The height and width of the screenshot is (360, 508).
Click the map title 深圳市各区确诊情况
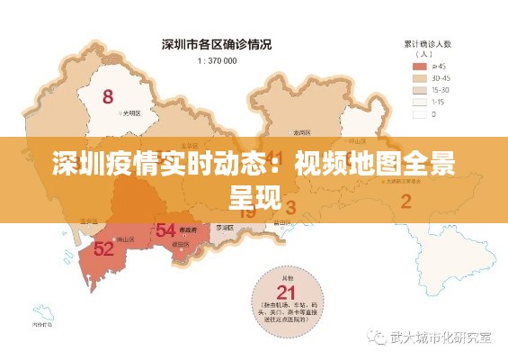click(x=216, y=43)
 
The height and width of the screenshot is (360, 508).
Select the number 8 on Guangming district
click(x=109, y=96)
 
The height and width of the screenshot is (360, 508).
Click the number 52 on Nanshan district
click(x=104, y=247)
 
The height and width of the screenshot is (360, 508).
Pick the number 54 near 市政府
click(x=165, y=229)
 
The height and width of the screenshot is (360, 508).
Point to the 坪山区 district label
click(x=358, y=140)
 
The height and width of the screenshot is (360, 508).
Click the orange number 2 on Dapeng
click(x=406, y=201)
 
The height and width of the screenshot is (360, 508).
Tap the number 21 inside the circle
click(x=286, y=292)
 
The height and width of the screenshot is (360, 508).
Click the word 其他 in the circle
click(x=286, y=275)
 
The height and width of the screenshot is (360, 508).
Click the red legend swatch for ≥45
click(x=419, y=66)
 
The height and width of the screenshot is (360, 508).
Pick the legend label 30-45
click(x=441, y=78)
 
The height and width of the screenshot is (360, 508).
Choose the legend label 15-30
click(x=441, y=90)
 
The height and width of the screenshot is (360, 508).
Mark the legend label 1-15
click(x=440, y=102)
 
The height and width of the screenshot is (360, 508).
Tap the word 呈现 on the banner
click(x=254, y=192)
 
